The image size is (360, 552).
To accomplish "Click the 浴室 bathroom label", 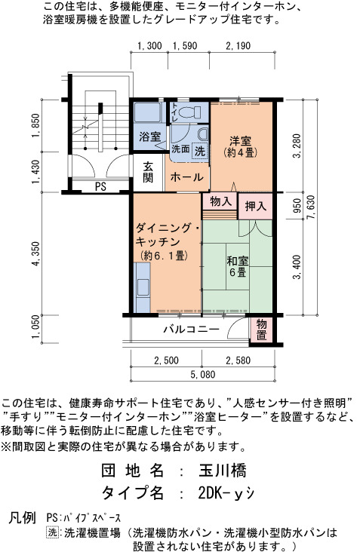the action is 149,136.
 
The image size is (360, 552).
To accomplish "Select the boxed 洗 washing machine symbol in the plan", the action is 200,152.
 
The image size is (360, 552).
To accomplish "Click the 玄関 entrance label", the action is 148,172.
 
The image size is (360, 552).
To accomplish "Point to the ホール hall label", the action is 186,176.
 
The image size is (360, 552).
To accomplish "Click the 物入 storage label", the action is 220,201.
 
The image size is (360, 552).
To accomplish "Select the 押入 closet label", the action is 256,206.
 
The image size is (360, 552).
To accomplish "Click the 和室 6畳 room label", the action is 238,266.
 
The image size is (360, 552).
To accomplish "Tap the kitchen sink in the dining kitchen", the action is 143,287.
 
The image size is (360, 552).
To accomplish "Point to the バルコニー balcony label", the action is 191,329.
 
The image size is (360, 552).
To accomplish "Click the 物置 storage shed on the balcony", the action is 261,330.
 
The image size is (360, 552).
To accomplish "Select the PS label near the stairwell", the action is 100,186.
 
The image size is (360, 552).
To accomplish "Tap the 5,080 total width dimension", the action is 202,374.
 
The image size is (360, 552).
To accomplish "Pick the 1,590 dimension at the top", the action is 185,46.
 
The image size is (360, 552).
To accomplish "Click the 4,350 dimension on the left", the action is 37,253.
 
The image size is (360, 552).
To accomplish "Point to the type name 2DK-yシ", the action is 226,493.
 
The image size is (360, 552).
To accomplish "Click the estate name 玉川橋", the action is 223,471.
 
